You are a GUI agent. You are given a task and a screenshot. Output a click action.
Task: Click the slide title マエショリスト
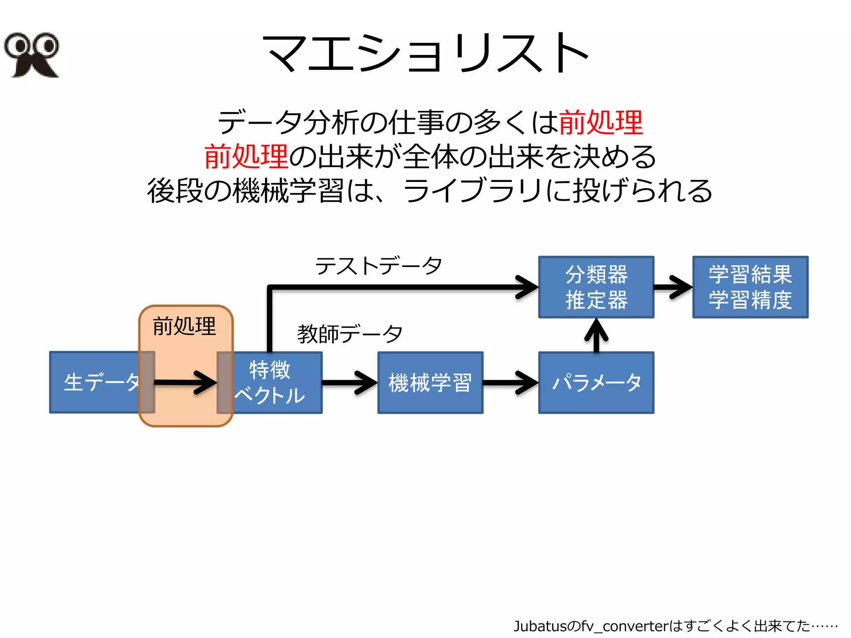425,53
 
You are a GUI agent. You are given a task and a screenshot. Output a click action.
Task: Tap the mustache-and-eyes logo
32,55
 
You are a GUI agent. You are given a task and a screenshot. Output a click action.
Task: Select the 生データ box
95,383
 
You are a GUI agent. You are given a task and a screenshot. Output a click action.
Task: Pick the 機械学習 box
430,383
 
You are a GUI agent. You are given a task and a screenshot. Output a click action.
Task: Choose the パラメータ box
596,383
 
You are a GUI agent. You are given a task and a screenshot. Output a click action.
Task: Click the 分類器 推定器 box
596,287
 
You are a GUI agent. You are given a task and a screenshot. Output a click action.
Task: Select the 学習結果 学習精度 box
750,287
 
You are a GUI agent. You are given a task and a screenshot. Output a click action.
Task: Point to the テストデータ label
378,266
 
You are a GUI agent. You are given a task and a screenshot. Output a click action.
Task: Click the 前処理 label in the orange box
184,326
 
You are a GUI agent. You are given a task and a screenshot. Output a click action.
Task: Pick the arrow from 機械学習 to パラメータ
511,383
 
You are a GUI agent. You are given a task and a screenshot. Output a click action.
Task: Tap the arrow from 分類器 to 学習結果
673,287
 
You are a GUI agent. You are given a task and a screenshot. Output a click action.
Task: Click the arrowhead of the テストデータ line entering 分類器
527,287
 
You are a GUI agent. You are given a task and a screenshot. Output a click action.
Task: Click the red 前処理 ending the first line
601,123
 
